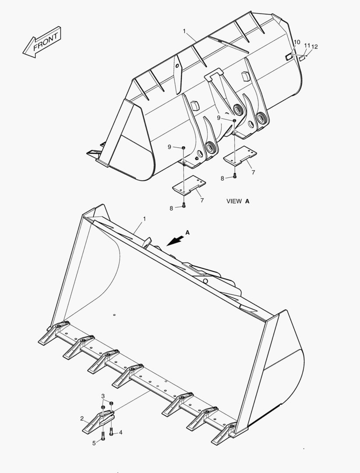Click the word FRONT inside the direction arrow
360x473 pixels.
tap(45, 42)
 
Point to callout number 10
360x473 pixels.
tap(296, 42)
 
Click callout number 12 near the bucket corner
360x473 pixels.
tap(314, 46)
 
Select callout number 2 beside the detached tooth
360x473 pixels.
tap(81, 418)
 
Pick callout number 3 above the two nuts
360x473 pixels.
tap(103, 396)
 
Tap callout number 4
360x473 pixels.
tap(120, 432)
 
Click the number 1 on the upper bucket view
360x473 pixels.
tap(184, 31)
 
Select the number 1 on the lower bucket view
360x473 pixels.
tap(145, 218)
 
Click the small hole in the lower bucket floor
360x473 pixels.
tap(113, 314)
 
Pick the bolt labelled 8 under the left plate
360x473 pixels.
tap(184, 205)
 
